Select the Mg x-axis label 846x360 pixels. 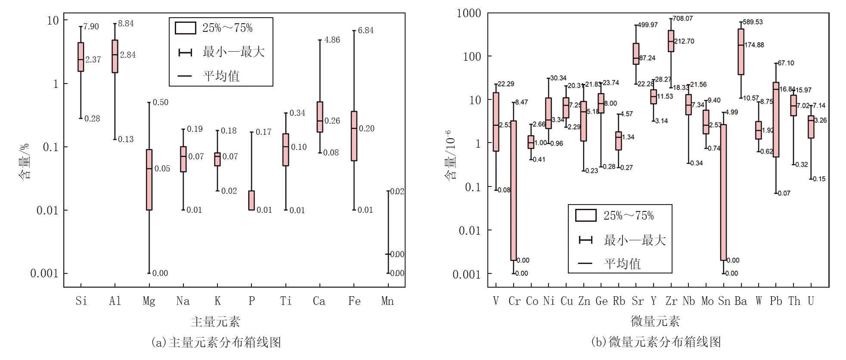149,301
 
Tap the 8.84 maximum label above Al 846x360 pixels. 126,24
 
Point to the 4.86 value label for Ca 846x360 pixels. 332,40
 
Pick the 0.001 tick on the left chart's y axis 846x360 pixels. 44,273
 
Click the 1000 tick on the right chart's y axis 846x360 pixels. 469,13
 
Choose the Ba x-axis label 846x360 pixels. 741,301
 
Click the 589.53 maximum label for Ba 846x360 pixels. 750,22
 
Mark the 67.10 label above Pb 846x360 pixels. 786,63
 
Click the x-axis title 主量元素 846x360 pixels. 215,322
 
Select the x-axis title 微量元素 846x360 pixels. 655,321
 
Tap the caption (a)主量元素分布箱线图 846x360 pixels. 216,342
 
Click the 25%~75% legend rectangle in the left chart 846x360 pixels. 185,28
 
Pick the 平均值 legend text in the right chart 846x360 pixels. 622,264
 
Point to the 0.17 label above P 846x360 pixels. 263,132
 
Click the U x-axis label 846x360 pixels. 811,301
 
